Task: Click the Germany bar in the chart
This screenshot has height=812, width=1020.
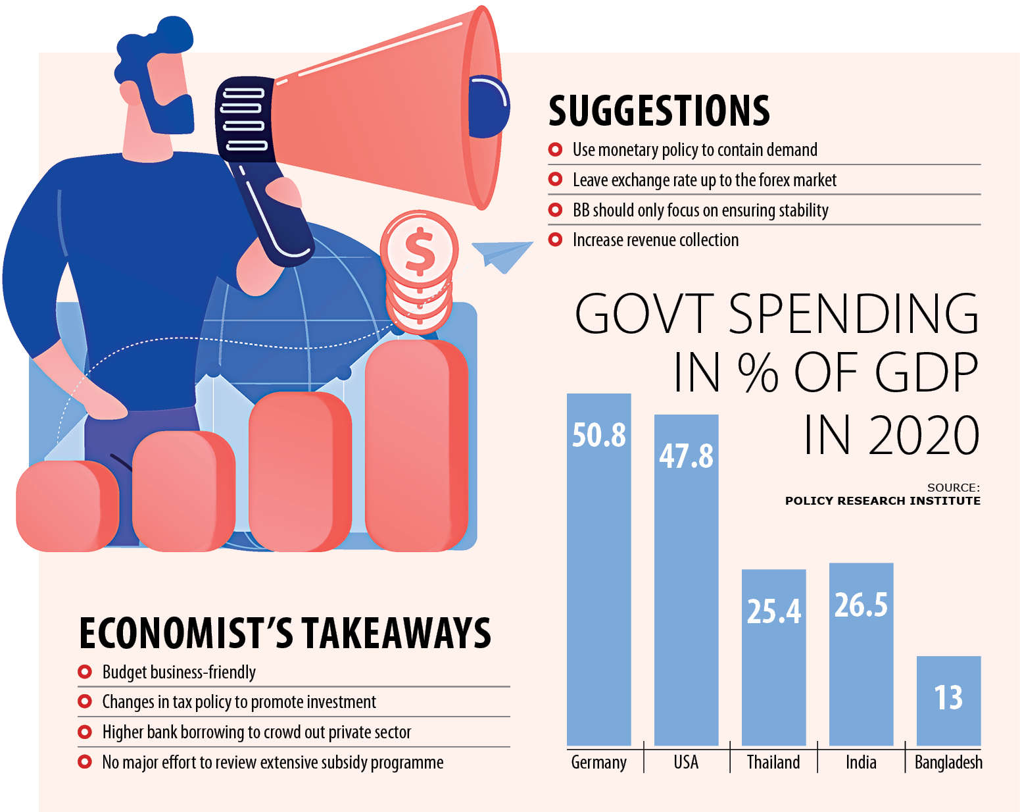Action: pyautogui.click(x=598, y=579)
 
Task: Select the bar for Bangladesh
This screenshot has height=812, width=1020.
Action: pyautogui.click(x=948, y=701)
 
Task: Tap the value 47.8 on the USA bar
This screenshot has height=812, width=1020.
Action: pyautogui.click(x=686, y=456)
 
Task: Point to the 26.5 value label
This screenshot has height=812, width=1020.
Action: pyautogui.click(x=861, y=605)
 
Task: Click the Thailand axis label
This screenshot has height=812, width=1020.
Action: pyautogui.click(x=773, y=762)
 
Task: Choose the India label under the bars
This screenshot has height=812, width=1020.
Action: pyautogui.click(x=861, y=762)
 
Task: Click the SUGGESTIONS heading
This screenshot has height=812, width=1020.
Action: pyautogui.click(x=659, y=111)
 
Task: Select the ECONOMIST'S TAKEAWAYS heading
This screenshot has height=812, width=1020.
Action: pyautogui.click(x=285, y=633)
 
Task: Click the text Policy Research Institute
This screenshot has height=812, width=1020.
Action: pyautogui.click(x=882, y=501)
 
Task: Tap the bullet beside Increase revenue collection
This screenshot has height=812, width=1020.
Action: pyautogui.click(x=556, y=240)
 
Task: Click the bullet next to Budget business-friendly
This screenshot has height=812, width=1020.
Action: pyautogui.click(x=85, y=672)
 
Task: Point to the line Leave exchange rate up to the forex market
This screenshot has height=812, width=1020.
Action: pyautogui.click(x=704, y=180)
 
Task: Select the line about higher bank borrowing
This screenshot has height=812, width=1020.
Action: pyautogui.click(x=256, y=732)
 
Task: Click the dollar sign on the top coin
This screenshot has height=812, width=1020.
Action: pyautogui.click(x=420, y=250)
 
